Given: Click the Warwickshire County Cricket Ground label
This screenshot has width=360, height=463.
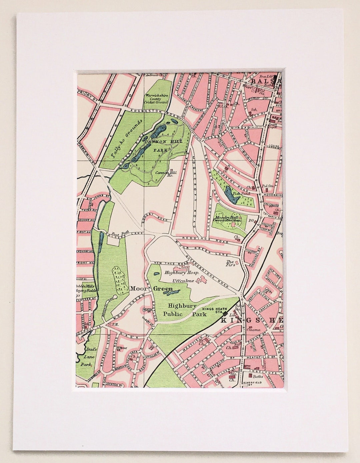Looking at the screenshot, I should point(156,99).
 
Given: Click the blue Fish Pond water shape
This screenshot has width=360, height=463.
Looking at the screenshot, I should point(232,196).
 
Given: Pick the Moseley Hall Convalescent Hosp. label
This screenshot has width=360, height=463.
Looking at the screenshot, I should point(227,219).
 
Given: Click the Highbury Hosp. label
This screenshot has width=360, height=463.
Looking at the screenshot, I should point(182,272).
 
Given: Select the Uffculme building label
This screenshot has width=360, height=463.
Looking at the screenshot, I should point(183,281).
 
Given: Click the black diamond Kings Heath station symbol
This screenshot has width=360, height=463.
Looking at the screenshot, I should point(225,313).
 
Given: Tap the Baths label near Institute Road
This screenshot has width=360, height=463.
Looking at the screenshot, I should point(258,376).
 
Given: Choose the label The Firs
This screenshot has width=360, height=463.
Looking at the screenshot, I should point(231,263).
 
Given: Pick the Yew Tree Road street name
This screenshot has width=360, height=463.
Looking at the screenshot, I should point(171,262).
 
